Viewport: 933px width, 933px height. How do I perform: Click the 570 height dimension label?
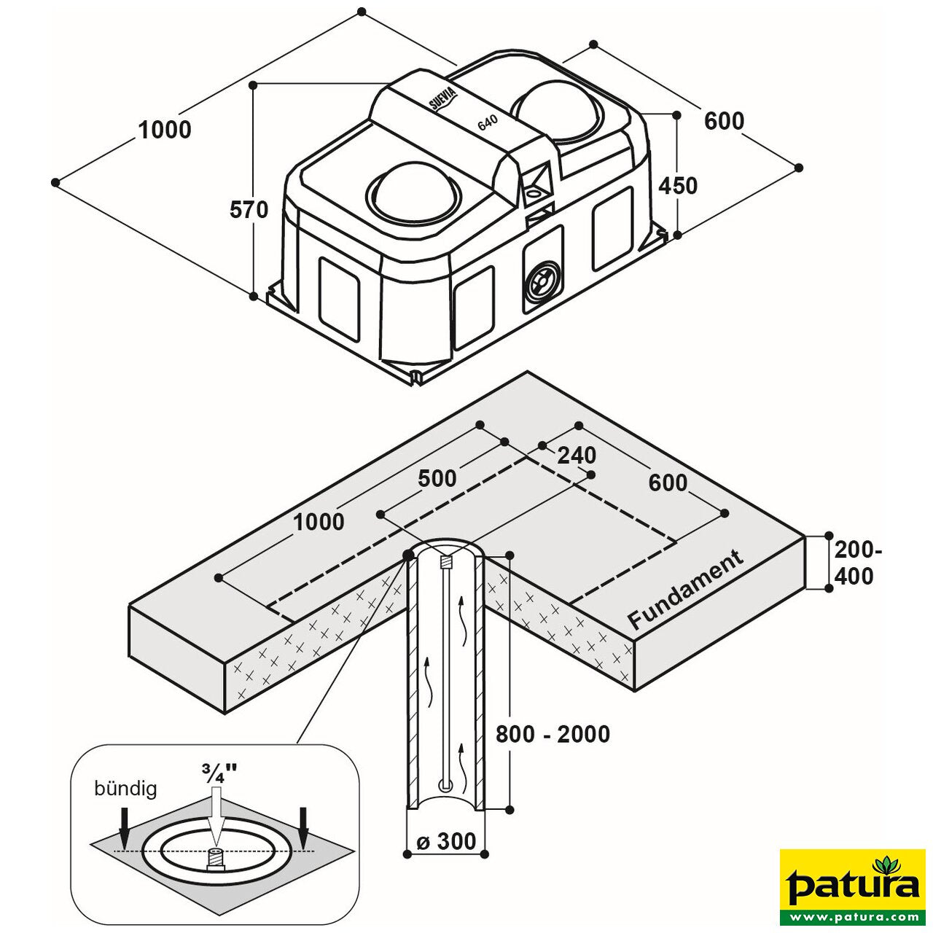(249, 210)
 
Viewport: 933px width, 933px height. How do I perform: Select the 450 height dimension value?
(678, 186)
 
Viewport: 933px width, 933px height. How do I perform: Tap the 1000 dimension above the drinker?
(165, 130)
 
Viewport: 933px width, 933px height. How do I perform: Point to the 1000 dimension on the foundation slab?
(319, 522)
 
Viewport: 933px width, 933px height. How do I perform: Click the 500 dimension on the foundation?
(437, 478)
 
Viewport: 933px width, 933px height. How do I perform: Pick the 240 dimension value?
(577, 456)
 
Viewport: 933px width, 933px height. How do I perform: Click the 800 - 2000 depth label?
(553, 734)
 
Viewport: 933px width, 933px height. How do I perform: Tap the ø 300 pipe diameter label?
(446, 841)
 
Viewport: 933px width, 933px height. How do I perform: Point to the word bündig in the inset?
(125, 789)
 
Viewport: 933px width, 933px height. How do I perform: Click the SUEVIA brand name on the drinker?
(442, 96)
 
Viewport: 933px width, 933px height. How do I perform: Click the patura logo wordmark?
(853, 886)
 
